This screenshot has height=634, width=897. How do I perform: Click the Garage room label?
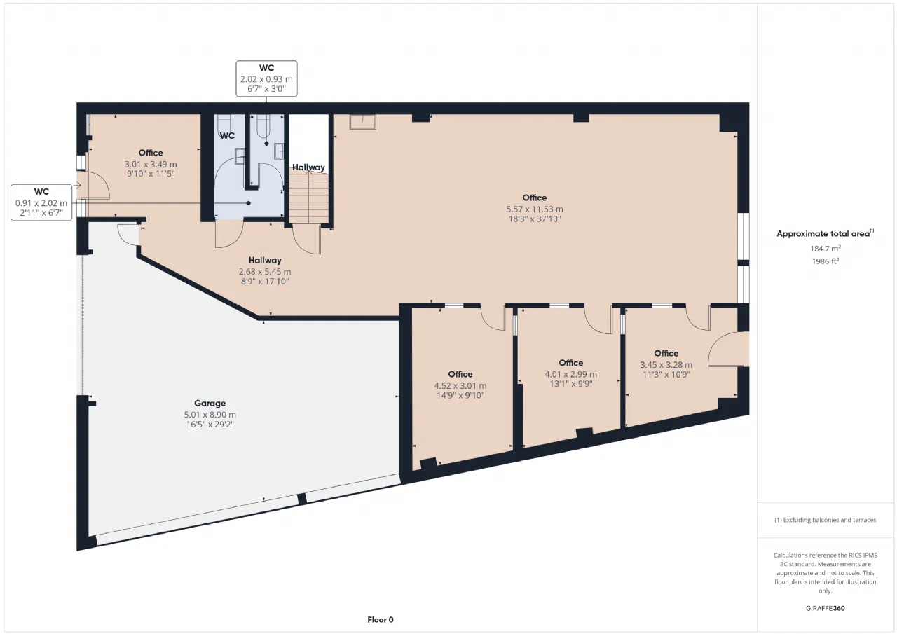[210, 403]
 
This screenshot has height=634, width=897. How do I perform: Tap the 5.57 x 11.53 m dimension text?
[535, 209]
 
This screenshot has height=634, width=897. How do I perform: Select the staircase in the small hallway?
[309, 197]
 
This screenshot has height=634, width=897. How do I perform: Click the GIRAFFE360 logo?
[826, 608]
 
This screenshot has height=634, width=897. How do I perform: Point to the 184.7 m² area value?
[826, 249]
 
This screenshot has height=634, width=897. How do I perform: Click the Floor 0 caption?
[381, 619]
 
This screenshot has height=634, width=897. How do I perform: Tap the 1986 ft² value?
[826, 261]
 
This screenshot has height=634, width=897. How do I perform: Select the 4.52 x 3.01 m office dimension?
[460, 386]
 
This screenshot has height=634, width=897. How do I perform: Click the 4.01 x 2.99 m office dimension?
[570, 374]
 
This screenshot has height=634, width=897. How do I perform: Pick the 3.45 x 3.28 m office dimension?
[666, 364]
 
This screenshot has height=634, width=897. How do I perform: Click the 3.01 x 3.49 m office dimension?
[151, 164]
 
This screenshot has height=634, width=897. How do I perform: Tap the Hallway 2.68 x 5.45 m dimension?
[265, 271]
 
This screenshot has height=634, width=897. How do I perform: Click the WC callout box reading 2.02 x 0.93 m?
[267, 78]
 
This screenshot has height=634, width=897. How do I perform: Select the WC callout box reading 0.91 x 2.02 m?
[41, 202]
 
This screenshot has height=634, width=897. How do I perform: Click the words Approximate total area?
[823, 234]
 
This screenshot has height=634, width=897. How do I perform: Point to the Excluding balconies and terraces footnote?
[826, 520]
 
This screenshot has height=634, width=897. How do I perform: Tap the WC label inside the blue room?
[227, 136]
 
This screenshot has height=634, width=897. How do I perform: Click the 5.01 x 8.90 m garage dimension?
[210, 415]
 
